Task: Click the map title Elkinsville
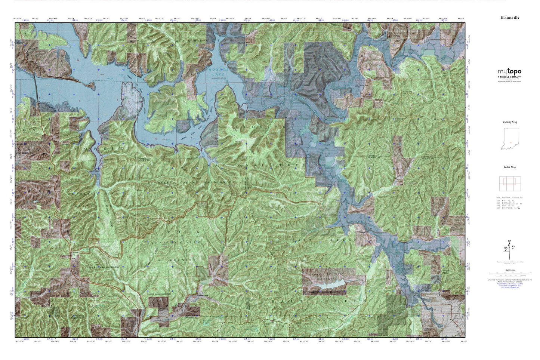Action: pyautogui.click(x=510, y=18)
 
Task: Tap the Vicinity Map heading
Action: pyautogui.click(x=510, y=122)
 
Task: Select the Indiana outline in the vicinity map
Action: pyautogui.click(x=510, y=139)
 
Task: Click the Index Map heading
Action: pyautogui.click(x=510, y=167)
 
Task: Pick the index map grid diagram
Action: pyautogui.click(x=510, y=183)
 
